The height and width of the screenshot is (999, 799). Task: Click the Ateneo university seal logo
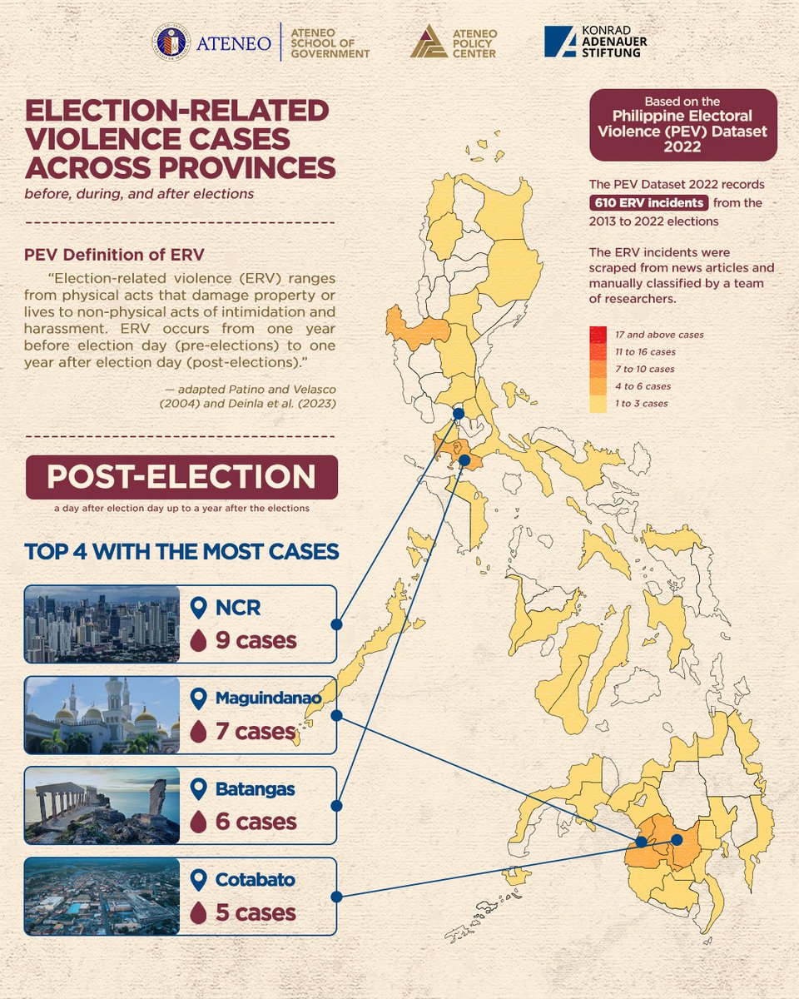coord(171,42)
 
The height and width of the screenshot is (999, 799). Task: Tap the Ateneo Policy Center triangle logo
coord(429,42)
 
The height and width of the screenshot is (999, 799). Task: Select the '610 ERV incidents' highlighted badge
coord(649,202)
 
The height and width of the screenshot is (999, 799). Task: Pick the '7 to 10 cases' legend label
coord(645,369)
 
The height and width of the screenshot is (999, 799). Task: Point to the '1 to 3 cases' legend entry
coord(642,404)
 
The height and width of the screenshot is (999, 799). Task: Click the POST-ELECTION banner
coord(181,477)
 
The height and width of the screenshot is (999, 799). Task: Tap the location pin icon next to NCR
coord(198,609)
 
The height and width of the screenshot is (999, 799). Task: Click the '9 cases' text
coord(244,641)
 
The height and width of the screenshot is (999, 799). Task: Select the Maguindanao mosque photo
coord(102,715)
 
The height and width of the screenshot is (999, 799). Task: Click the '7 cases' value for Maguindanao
coord(255,732)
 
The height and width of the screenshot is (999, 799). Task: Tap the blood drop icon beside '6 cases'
coord(198,823)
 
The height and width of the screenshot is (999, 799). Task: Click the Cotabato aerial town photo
coord(102,896)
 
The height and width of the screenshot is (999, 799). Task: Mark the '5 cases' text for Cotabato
coord(256,913)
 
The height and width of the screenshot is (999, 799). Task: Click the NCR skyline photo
coord(102,624)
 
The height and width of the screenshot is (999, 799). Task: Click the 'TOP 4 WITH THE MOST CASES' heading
coord(181,551)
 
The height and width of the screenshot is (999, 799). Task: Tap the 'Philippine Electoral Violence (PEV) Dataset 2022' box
coord(682,125)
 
